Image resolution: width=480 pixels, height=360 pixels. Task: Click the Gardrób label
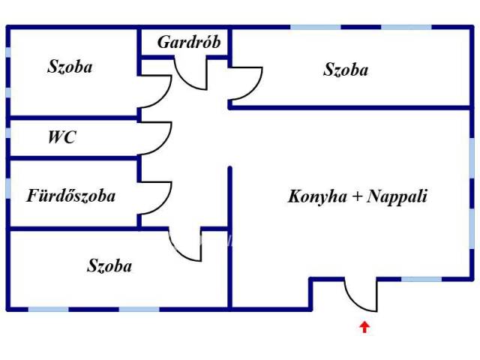tap(189, 42)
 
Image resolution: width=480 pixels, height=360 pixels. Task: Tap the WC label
tap(61, 138)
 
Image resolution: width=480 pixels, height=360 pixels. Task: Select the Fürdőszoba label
tap(71, 196)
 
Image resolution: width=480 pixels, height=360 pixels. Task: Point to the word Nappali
tap(400, 196)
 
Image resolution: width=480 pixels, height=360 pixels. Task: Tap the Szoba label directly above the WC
tap(70, 67)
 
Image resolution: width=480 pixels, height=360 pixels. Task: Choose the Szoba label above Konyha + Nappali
tap(346, 70)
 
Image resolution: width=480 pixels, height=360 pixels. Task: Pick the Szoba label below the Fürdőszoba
tap(109, 265)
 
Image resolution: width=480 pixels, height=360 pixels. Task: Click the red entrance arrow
tap(364, 327)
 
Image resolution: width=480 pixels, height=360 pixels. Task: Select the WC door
tap(155, 136)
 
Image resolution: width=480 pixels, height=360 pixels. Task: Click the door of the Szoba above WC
tap(156, 93)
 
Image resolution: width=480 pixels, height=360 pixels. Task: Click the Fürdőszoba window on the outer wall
tap(8, 187)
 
